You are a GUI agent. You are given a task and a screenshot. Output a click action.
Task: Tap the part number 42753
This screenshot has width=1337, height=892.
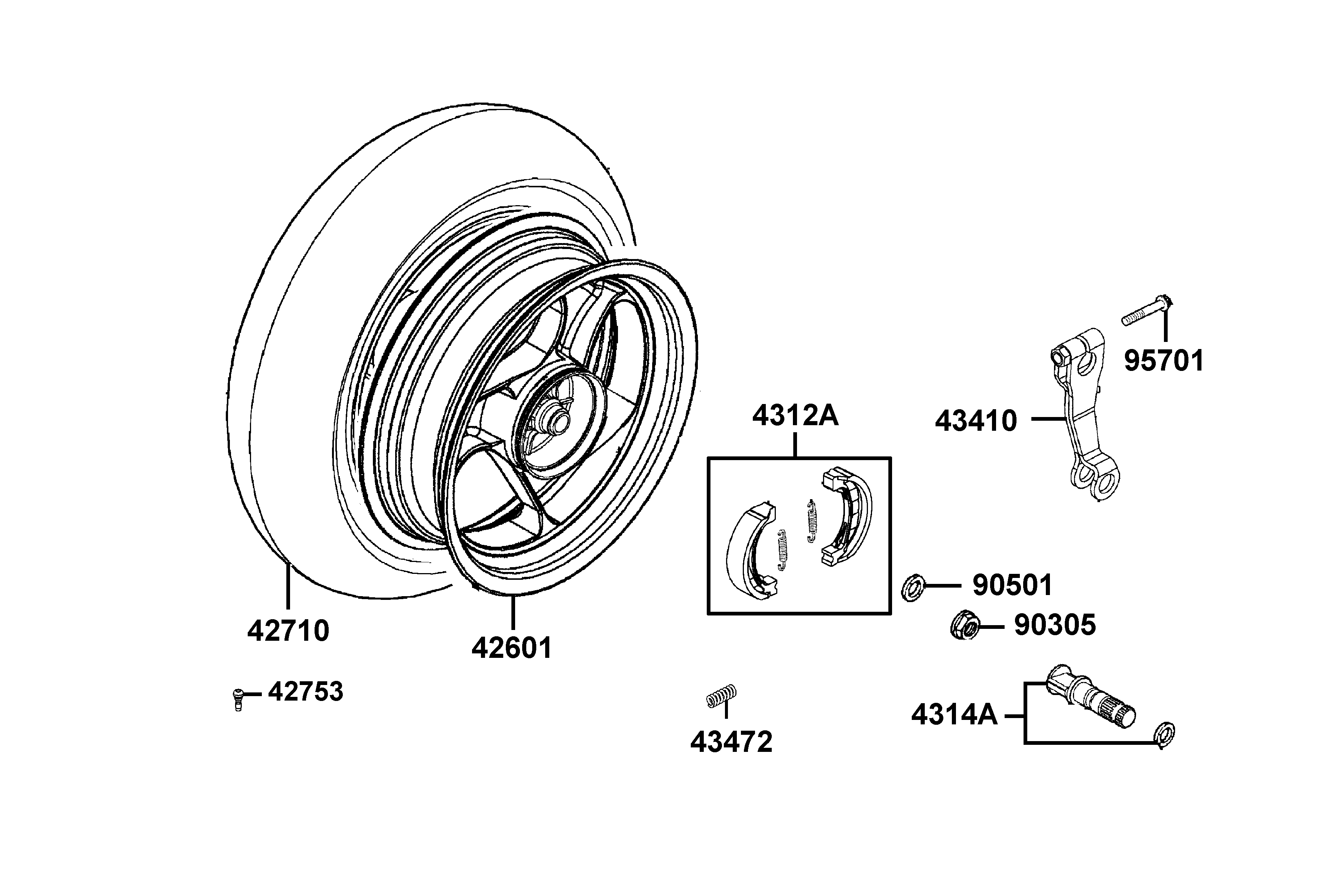pyautogui.click(x=306, y=692)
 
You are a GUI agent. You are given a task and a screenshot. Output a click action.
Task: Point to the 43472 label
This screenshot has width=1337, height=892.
pyautogui.click(x=732, y=742)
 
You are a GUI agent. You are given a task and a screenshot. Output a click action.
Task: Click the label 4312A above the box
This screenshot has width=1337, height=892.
pyautogui.click(x=795, y=416)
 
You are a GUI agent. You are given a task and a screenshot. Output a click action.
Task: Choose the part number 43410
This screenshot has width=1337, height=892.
pyautogui.click(x=976, y=421)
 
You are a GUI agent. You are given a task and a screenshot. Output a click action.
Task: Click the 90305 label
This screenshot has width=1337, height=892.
pyautogui.click(x=1055, y=625)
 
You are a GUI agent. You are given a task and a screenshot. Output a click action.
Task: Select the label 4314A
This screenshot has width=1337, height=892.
pyautogui.click(x=954, y=715)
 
